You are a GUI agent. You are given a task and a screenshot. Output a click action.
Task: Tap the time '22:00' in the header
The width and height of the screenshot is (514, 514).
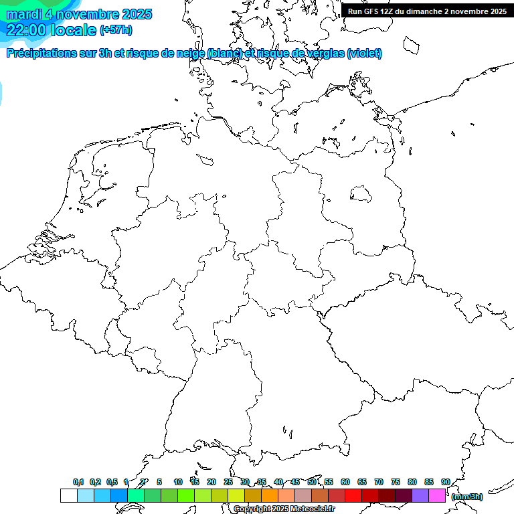[x=26, y=29]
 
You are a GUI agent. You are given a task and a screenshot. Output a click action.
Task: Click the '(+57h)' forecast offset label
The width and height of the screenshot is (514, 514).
[x=115, y=30]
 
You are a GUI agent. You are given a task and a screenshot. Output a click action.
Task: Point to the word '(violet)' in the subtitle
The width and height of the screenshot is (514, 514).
[x=364, y=54]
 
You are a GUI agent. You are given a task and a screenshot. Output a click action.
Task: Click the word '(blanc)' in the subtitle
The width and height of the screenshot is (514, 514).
[x=224, y=54]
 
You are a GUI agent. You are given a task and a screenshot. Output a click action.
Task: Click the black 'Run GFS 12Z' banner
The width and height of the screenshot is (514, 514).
[x=427, y=11]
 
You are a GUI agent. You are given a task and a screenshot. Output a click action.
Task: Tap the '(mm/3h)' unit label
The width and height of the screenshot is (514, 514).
[x=467, y=497]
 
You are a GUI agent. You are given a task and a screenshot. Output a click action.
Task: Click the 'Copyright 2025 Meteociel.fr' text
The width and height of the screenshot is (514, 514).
[x=284, y=509]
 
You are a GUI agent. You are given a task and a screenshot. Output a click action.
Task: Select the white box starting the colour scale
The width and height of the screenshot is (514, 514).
[x=68, y=495]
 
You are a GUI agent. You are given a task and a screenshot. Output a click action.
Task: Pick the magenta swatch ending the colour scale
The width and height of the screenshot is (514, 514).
[x=437, y=495]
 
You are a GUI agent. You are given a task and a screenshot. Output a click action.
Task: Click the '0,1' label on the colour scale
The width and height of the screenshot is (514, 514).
[x=78, y=482]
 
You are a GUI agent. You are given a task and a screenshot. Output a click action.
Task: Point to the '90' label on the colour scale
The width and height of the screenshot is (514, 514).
[x=445, y=482]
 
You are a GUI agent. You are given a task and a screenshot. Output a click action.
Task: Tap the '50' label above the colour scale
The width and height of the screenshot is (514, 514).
[x=312, y=482]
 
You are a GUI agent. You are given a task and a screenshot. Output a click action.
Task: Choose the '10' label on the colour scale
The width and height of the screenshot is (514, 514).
[x=178, y=482]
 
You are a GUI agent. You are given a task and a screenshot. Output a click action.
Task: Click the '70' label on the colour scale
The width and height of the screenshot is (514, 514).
[x=379, y=482]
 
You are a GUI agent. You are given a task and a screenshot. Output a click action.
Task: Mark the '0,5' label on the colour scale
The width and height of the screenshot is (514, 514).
[x=112, y=482]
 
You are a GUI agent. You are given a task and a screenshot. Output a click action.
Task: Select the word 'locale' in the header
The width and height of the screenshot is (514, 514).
[x=74, y=29]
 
